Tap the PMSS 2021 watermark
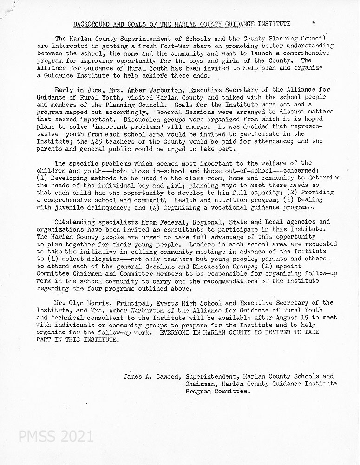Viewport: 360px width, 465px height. [56, 437]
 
